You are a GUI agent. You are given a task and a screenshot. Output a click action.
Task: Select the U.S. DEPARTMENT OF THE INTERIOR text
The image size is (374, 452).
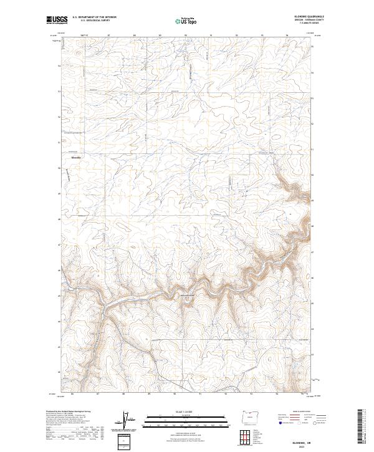click(x=90, y=17)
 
